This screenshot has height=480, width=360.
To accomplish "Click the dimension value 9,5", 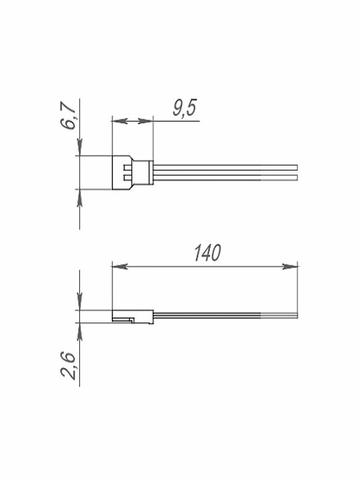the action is [x=184, y=108].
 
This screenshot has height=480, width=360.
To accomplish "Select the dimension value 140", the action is [x=208, y=253].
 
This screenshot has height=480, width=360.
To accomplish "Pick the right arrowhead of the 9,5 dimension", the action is [x=145, y=121].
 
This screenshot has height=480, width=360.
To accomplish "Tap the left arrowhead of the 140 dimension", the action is [x=120, y=267].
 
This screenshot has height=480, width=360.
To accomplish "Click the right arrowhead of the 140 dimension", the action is [x=290, y=267].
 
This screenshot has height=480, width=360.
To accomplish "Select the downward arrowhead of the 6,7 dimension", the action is [x=80, y=148].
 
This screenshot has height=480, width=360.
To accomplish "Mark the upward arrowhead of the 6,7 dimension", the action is [x=80, y=198].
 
